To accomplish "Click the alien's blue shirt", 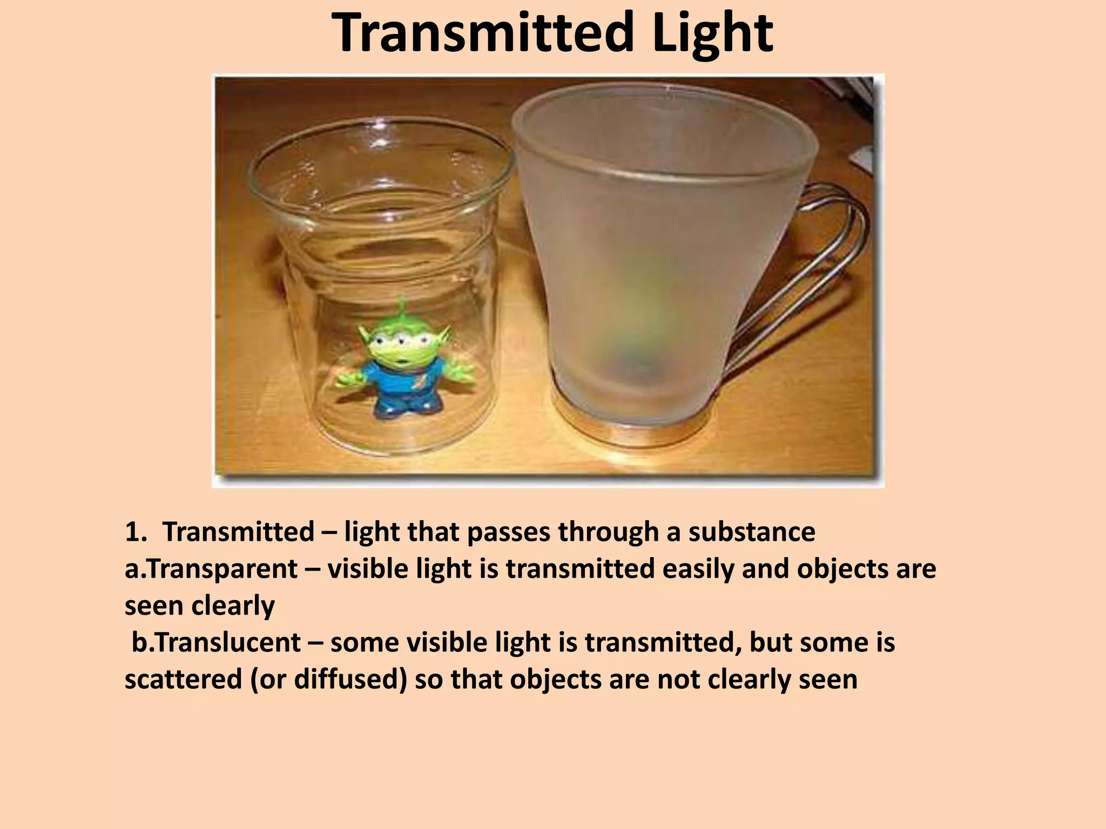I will pyautogui.click(x=402, y=378).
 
